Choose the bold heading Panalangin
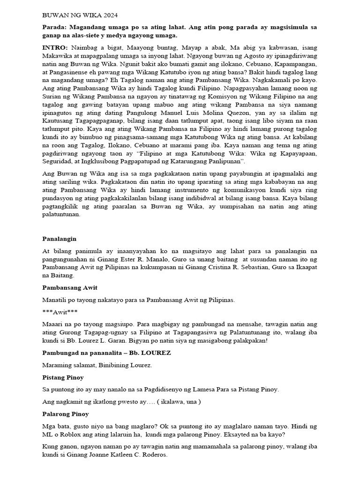(59, 239)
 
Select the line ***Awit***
(60, 311)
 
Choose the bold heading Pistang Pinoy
(63, 377)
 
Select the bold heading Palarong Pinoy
(66, 414)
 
